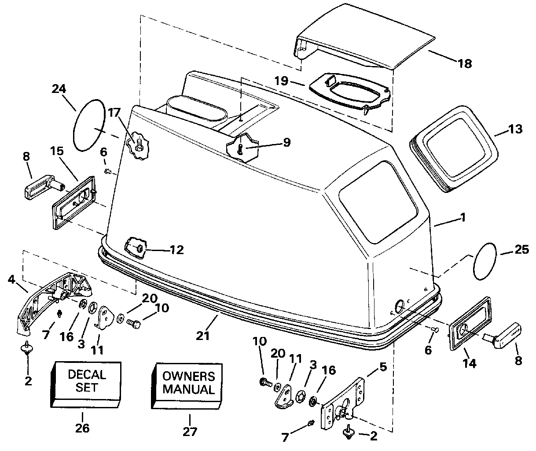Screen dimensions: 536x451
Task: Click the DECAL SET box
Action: [x=86, y=384]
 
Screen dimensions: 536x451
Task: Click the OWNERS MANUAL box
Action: [x=187, y=386]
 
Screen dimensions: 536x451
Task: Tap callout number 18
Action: [x=464, y=63]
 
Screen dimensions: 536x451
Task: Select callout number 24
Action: [x=59, y=89]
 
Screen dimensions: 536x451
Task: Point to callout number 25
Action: [x=521, y=250]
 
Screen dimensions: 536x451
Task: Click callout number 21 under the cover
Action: [x=202, y=336]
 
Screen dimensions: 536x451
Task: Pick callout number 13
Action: [x=515, y=129]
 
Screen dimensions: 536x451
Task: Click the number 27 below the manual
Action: [x=190, y=432]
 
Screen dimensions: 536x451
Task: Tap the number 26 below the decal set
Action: [x=82, y=428]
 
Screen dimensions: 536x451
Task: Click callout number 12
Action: [x=177, y=250]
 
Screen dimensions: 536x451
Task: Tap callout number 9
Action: [x=286, y=142]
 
